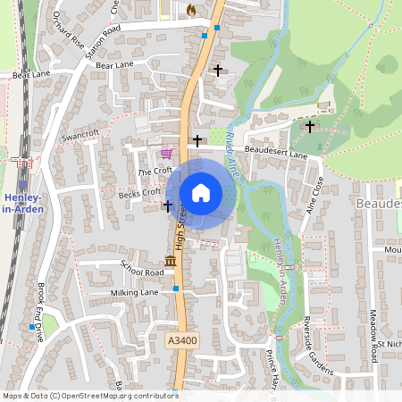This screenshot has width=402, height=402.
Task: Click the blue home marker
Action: pos(201,192)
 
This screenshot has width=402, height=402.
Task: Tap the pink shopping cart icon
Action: pos(166,153)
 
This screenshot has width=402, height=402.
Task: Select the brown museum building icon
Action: pos(170,261)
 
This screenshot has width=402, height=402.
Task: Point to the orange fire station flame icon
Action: pos(191,9)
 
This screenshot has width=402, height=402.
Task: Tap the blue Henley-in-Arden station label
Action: pos(22,202)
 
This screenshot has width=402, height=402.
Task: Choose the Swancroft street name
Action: pos(80,134)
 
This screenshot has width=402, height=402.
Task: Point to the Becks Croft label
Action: pos(139,192)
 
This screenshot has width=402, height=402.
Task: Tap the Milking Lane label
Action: pos(134,292)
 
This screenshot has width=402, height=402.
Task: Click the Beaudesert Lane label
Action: pos(276,153)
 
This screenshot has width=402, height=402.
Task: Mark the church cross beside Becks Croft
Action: pos(167,206)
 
